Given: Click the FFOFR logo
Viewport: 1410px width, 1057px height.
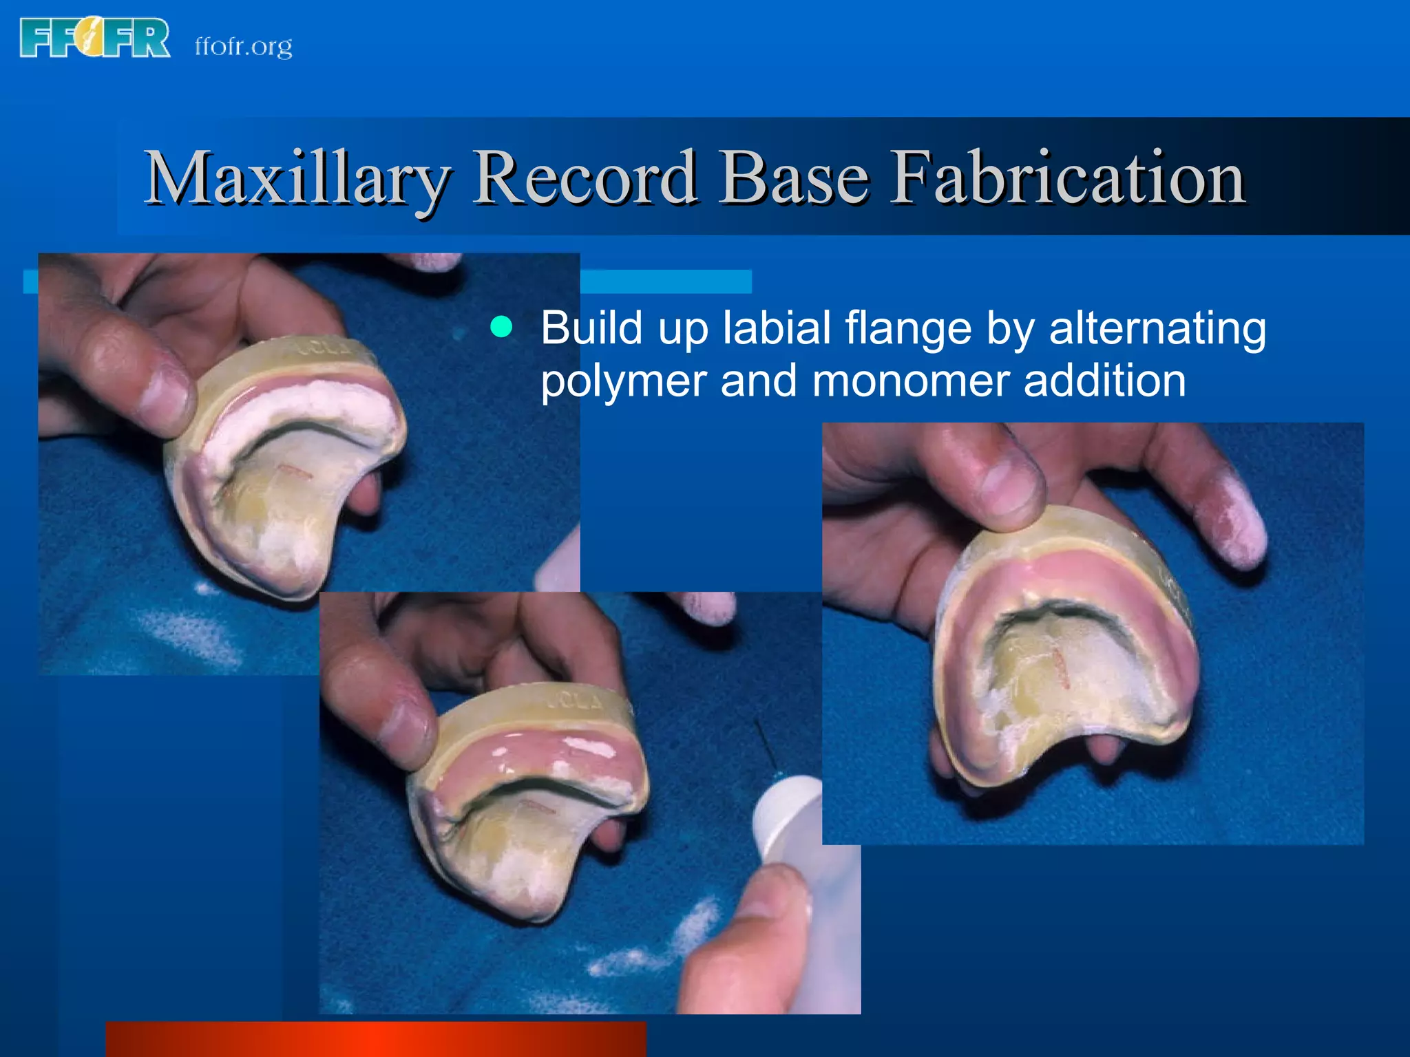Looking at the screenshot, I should [95, 38].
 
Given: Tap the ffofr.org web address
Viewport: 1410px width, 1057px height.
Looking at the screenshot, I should [243, 46].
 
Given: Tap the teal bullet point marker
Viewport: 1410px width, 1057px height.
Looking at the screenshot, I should [501, 328].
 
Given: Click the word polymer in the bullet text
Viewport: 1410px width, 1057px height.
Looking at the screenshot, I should [623, 381].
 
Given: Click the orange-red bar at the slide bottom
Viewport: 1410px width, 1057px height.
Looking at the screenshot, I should [375, 1039].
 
